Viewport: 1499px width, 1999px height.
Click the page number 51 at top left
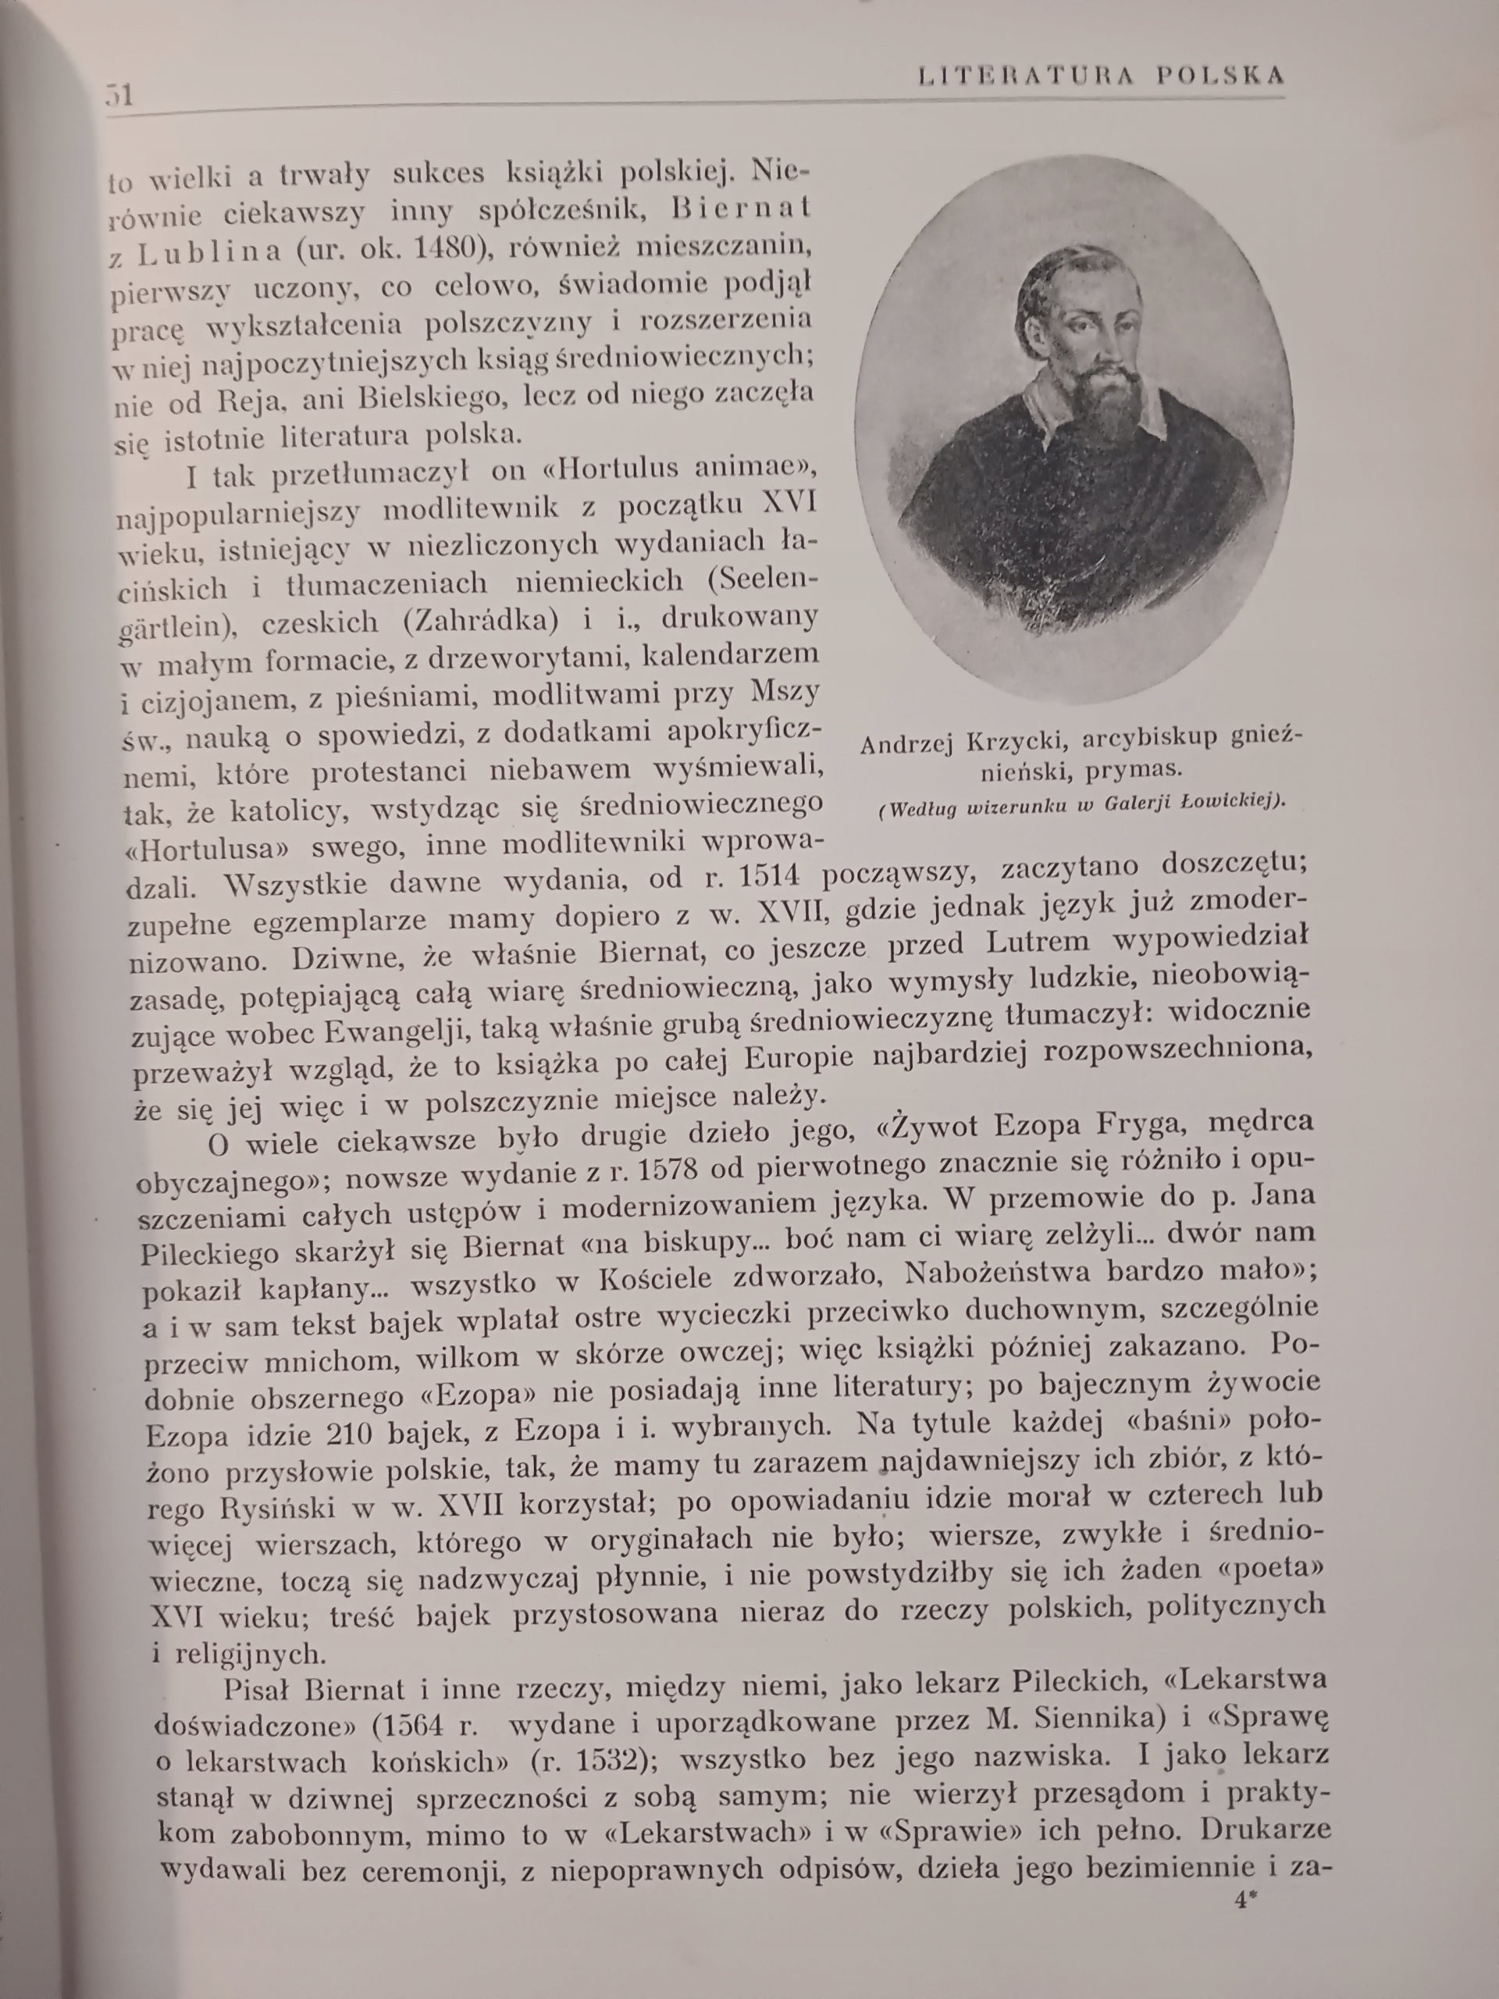(120, 94)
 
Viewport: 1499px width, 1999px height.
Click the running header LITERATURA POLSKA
(1101, 76)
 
